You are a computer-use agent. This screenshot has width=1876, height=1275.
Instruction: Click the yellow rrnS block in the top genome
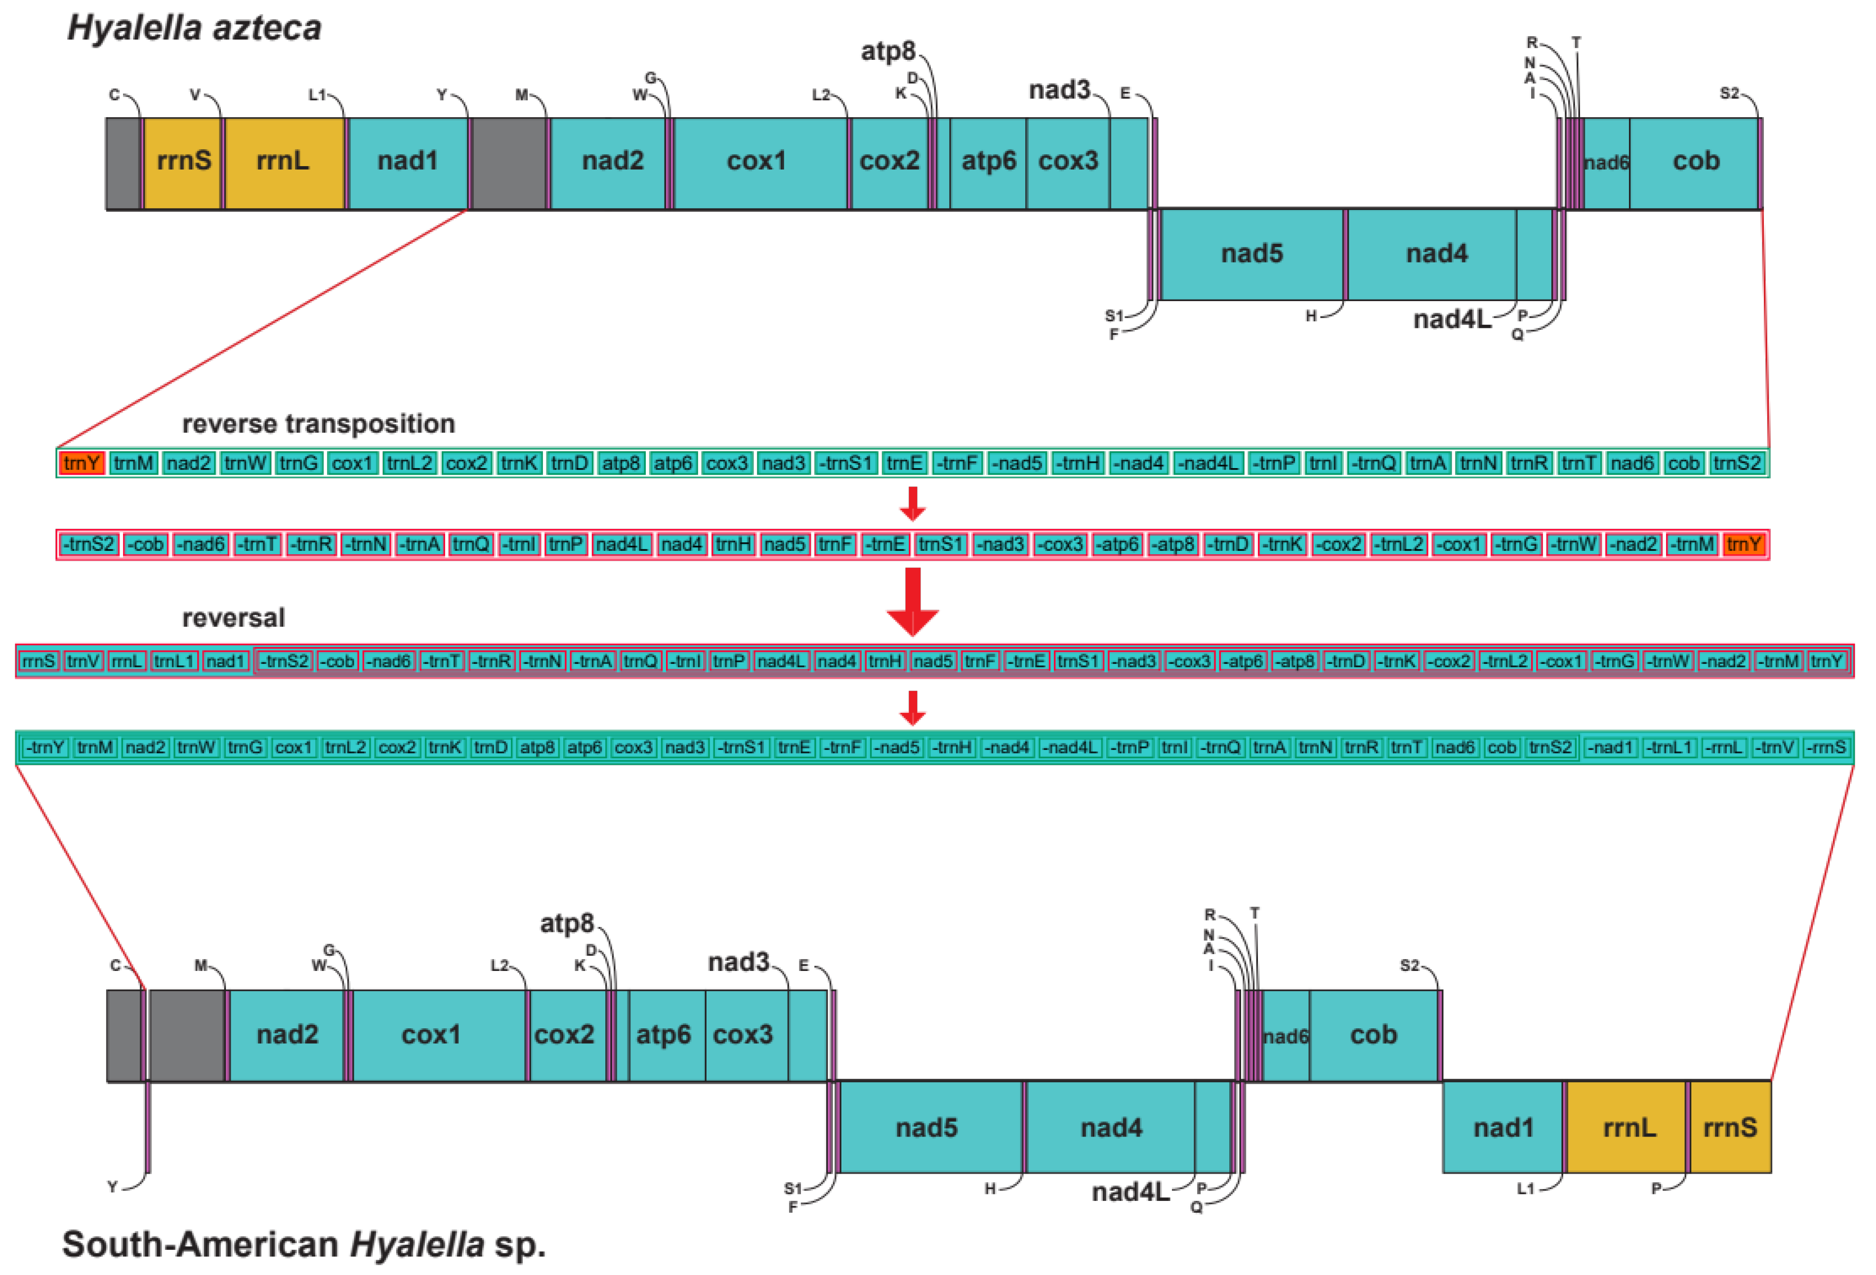click(x=183, y=162)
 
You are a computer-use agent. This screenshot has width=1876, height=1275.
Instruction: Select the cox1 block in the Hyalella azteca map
click(x=756, y=162)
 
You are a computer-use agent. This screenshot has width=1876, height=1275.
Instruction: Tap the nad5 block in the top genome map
click(x=1251, y=254)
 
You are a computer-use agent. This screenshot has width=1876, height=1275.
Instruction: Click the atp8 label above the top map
click(x=887, y=51)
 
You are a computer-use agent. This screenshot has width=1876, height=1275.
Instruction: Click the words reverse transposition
click(x=318, y=424)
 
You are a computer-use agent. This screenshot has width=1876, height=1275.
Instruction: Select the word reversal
click(x=233, y=617)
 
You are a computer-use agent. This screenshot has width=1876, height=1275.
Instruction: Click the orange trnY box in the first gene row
click(x=82, y=464)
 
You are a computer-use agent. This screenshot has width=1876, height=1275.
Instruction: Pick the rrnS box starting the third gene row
click(x=38, y=661)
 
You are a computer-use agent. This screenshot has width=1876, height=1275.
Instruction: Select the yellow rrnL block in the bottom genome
click(x=1627, y=1127)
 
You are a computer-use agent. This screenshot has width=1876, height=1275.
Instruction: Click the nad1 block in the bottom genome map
click(x=1502, y=1127)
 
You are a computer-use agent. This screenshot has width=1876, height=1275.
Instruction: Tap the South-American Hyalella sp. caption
click(x=303, y=1244)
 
